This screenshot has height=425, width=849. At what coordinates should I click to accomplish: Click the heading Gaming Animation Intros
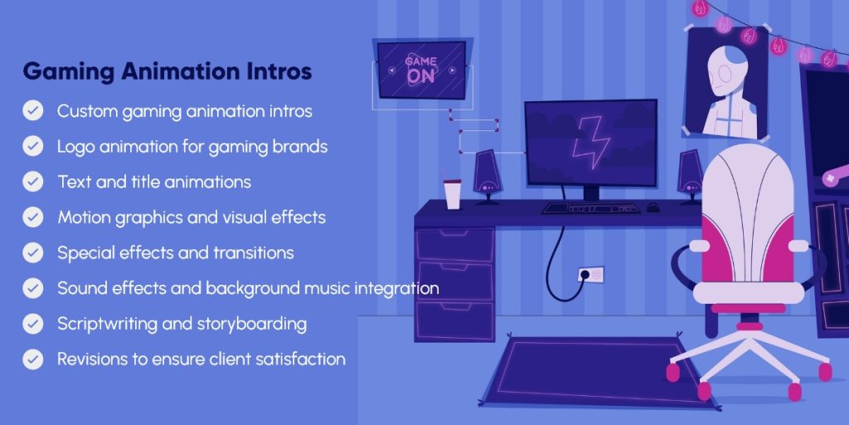click(167, 71)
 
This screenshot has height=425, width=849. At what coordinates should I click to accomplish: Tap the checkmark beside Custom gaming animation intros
click(33, 110)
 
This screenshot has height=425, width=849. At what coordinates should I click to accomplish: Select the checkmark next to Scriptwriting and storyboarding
click(33, 324)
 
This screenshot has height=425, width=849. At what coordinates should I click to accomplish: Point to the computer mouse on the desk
click(653, 207)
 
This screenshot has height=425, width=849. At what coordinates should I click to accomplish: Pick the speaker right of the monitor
click(690, 175)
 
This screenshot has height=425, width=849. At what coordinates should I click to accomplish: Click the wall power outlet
click(591, 273)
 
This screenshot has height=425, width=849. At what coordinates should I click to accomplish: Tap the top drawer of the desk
click(454, 245)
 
